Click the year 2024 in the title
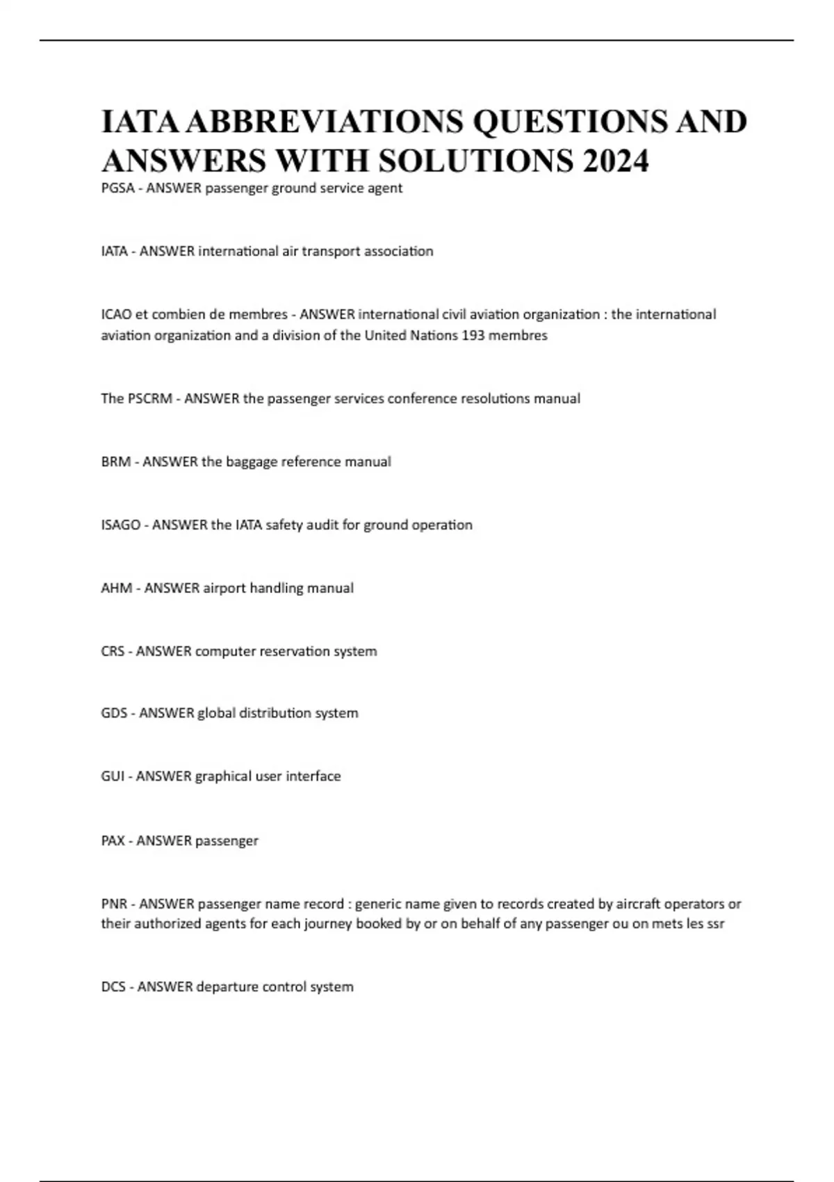(616, 161)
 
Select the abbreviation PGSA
(117, 188)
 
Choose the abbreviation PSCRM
(150, 399)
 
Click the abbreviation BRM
(115, 462)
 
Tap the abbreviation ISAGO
(121, 526)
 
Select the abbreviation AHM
(117, 589)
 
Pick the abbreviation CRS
(113, 652)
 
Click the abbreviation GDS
(114, 713)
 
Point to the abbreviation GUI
(113, 777)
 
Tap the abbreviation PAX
(113, 841)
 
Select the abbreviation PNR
(114, 905)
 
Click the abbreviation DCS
(113, 987)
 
